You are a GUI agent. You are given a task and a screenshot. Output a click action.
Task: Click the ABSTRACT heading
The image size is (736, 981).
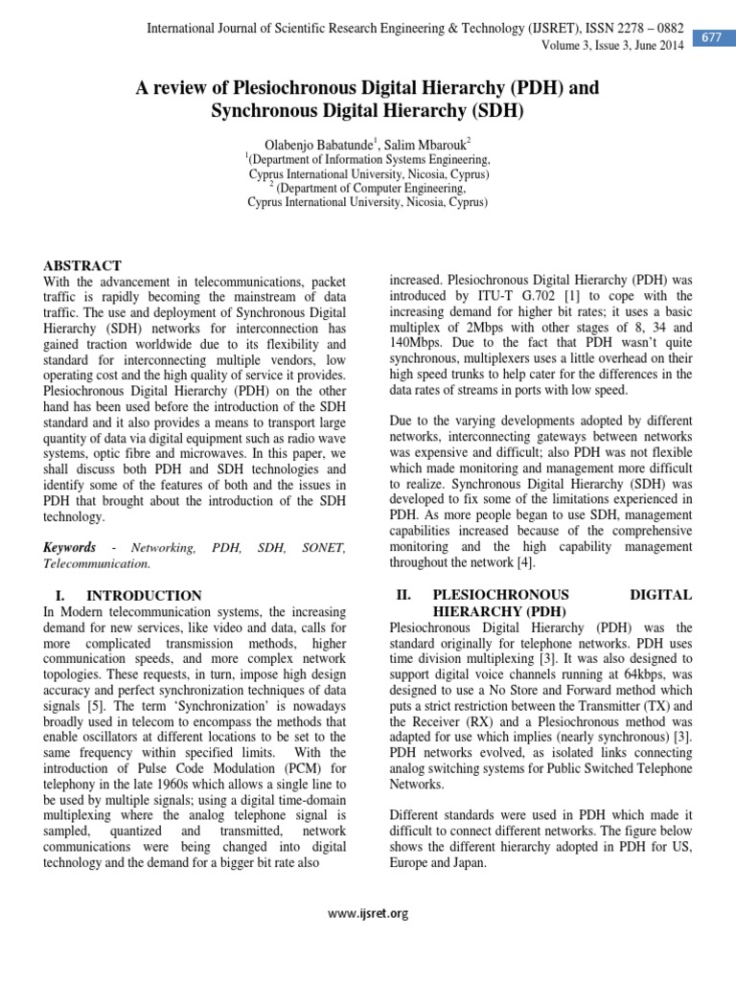[83, 265]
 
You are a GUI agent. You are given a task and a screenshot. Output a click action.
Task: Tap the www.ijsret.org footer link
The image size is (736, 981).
[368, 913]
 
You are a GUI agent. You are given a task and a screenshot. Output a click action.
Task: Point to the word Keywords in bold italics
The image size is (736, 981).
[70, 547]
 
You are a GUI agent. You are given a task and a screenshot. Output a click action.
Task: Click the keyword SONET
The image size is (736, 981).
[323, 547]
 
